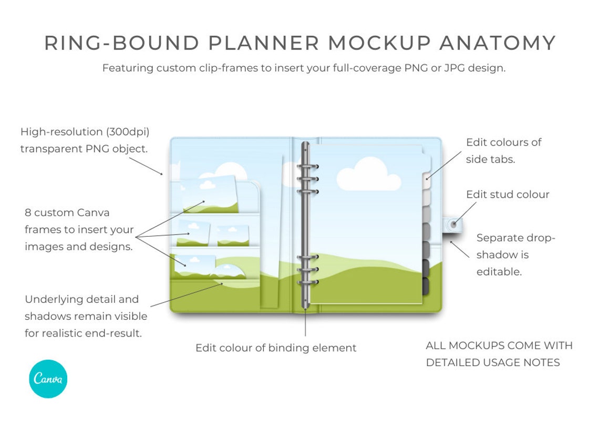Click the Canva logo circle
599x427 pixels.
pos(48,379)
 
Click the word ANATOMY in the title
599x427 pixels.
pos(497,43)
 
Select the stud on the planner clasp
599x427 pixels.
pos(454,223)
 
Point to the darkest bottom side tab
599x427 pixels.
pos(426,287)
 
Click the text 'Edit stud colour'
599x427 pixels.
pos(508,195)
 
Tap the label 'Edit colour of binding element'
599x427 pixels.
pos(276,348)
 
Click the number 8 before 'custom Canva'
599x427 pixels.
pos(28,213)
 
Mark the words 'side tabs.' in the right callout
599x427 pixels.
pos(490,159)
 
